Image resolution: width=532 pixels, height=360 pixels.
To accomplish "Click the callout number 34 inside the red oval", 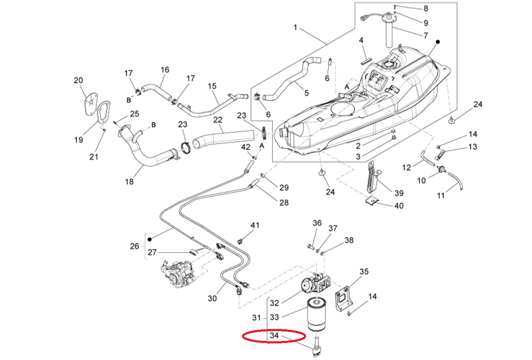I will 274,336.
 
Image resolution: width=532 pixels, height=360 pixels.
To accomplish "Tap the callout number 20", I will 79,80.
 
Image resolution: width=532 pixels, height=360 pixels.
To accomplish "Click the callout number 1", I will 296,28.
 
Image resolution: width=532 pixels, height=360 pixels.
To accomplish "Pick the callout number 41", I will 255,225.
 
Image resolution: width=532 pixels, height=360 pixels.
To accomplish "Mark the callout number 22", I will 218,121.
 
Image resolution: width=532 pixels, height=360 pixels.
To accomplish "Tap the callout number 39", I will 398,193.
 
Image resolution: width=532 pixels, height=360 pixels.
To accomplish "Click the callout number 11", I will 441,195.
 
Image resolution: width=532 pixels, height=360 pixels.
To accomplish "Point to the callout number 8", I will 425,9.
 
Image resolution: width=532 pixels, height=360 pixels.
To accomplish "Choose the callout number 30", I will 212,298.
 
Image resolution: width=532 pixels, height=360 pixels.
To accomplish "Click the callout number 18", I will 129,182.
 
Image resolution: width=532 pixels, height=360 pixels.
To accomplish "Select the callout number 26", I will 134,246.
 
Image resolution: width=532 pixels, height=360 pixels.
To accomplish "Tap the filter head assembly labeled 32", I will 317,282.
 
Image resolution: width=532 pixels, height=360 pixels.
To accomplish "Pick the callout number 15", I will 212,86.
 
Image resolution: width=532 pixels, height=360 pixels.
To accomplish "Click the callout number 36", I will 317,223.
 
